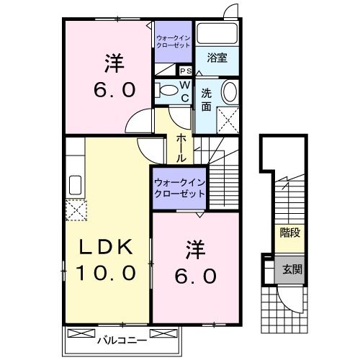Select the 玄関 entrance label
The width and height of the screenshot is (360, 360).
(292, 270)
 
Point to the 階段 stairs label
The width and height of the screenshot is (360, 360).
(290, 233)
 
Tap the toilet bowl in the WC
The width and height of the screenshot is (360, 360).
(166, 90)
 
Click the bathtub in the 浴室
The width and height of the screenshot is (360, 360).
(217, 33)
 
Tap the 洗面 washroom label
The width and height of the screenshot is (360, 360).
(205, 99)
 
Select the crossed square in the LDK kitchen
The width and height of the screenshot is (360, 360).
(76, 210)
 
